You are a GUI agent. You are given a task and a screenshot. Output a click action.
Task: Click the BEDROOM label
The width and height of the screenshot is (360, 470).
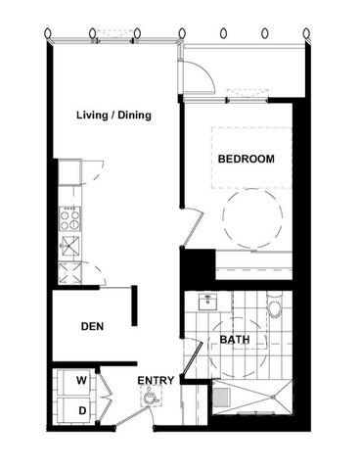[246, 159]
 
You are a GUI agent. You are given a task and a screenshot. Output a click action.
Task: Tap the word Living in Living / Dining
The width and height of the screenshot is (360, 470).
[92, 115]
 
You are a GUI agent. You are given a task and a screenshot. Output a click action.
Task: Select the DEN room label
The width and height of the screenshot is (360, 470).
[93, 326]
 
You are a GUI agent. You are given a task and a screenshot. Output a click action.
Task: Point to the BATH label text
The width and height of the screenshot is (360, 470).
[235, 340]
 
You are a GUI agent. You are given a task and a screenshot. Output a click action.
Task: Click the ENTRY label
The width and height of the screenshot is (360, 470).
[156, 380]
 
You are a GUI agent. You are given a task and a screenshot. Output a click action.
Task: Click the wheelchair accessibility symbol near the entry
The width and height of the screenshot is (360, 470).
[150, 397]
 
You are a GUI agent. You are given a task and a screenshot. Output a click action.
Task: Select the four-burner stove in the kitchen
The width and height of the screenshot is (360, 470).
[69, 220]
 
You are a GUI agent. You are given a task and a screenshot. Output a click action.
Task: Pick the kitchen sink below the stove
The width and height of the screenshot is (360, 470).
[70, 245]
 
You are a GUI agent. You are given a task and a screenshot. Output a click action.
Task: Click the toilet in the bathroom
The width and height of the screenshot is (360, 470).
[275, 311]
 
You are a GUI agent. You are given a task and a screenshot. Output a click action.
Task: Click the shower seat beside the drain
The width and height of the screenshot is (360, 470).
[222, 398]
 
